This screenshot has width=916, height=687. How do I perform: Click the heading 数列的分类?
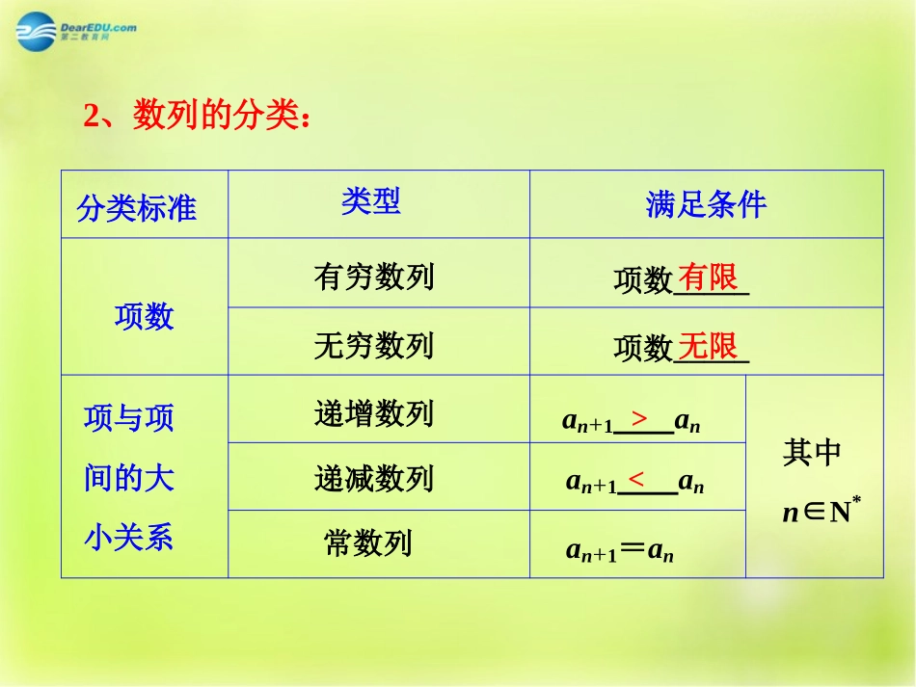221,117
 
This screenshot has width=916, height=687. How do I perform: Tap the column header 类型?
370,200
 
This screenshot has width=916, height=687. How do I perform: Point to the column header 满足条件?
706,204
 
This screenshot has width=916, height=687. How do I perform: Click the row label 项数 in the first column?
145,316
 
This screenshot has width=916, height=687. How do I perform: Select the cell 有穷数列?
374,277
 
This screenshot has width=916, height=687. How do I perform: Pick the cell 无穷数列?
374,345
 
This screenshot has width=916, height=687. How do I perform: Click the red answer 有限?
708,277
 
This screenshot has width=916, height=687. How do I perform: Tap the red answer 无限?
708,345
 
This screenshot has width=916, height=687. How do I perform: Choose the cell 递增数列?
374,413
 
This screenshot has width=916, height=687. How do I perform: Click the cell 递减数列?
374,478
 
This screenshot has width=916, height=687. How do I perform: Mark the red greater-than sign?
639,418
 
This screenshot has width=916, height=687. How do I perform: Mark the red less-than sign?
636,479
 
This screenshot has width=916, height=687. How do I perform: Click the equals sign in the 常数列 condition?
632,549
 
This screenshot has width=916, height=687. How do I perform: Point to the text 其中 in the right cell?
812,453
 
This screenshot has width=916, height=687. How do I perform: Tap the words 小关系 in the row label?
129,537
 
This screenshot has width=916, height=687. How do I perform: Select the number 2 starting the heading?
92,118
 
